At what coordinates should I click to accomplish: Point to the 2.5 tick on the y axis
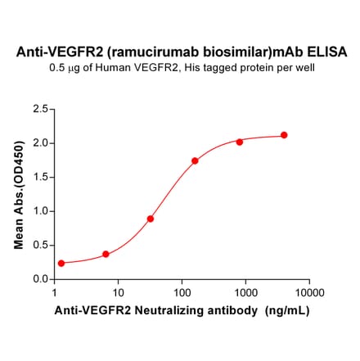pos(38,108)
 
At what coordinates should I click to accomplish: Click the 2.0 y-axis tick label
pos(38,142)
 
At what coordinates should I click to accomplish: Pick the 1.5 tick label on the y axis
pos(38,177)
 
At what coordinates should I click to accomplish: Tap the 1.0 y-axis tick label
pos(38,211)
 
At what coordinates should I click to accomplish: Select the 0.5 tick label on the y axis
pos(38,245)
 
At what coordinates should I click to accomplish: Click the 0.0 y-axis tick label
pos(38,279)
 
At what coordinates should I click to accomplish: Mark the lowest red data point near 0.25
pos(61,264)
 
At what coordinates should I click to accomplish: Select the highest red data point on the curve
pos(284,135)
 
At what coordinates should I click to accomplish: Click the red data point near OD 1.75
pos(195,161)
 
